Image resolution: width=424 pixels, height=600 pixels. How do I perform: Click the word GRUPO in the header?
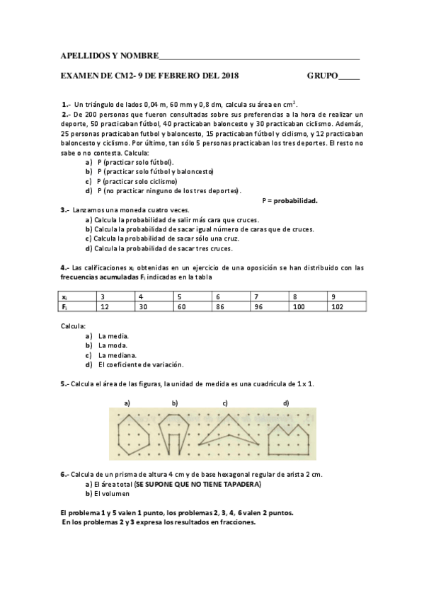pyautogui.click(x=322, y=75)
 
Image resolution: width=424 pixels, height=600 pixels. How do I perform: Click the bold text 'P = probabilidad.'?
pyautogui.click(x=290, y=200)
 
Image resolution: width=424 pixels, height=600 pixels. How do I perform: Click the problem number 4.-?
pyautogui.click(x=64, y=267)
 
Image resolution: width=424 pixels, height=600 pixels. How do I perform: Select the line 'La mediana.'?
pyautogui.click(x=118, y=354)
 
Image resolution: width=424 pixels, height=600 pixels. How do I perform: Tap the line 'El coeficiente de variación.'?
pyautogui.click(x=141, y=364)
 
